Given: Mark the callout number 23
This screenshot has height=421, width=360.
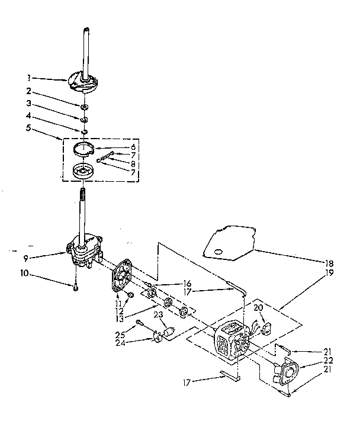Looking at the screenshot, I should (158, 315).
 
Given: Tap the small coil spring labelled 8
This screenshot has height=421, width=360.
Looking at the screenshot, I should (107, 156).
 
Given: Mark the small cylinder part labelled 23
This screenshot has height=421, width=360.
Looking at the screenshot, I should (167, 332).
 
